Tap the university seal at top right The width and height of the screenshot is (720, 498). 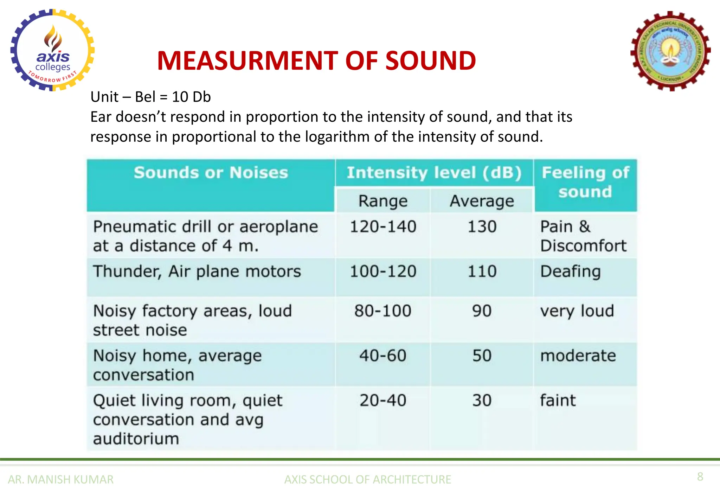[x=670, y=51]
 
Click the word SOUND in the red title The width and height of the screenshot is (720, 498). [x=431, y=61]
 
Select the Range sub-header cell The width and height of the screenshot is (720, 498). [x=383, y=201]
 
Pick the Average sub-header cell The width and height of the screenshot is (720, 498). [x=482, y=201]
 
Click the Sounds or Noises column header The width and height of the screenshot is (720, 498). [x=211, y=173]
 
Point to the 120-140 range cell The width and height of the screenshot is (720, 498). [x=383, y=226]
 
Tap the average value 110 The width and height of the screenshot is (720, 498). [x=482, y=272]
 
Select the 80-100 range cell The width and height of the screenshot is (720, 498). [x=383, y=311]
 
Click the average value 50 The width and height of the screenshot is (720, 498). [x=482, y=356]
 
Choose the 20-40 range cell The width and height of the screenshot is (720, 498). [x=383, y=400]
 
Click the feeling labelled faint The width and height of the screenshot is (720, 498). [x=558, y=400]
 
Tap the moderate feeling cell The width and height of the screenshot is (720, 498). [x=578, y=356]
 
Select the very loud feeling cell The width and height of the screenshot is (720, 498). [x=577, y=311]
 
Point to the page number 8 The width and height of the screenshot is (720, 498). [x=700, y=477]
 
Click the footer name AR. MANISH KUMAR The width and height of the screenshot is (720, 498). [x=60, y=479]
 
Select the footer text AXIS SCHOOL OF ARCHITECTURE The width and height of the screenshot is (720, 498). [x=367, y=479]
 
